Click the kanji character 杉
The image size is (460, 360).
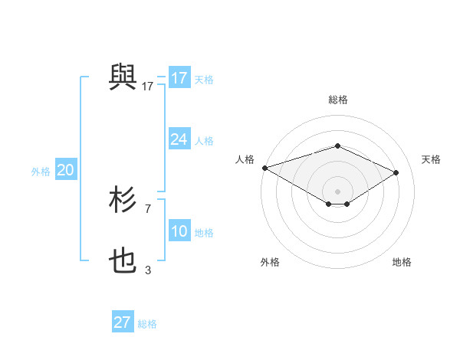click(123, 201)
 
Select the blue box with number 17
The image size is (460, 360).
click(179, 78)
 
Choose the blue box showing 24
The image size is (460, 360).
click(179, 139)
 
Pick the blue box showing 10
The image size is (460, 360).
click(179, 231)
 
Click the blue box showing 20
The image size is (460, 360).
click(65, 171)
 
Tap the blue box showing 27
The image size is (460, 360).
click(122, 322)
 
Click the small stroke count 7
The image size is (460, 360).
click(148, 208)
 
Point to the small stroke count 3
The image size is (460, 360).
click(148, 270)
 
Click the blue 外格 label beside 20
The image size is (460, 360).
click(41, 172)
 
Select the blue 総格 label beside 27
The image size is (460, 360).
click(147, 324)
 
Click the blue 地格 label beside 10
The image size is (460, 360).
click(204, 233)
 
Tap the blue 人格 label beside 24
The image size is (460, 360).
click(204, 141)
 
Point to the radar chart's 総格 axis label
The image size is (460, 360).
click(337, 100)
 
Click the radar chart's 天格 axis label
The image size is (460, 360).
click(431, 159)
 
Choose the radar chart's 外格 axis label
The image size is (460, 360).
click(270, 262)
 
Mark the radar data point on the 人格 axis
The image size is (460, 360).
click(264, 168)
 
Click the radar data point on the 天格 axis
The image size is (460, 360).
click(396, 172)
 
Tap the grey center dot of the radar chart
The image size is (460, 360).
click(337, 191)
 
